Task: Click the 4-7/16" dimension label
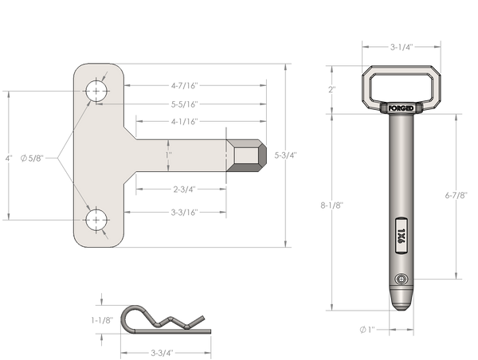[x=185, y=86]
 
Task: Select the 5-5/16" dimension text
[x=185, y=104]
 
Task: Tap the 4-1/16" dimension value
[x=185, y=122]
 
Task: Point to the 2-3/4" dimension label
[x=185, y=190]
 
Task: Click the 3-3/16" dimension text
[x=185, y=212]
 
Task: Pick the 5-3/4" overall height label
[x=286, y=155]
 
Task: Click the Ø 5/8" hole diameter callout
[x=32, y=158]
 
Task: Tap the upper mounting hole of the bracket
[x=96, y=91]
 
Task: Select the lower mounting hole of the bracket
[x=96, y=220]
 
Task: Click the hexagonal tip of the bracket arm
[x=246, y=155]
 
